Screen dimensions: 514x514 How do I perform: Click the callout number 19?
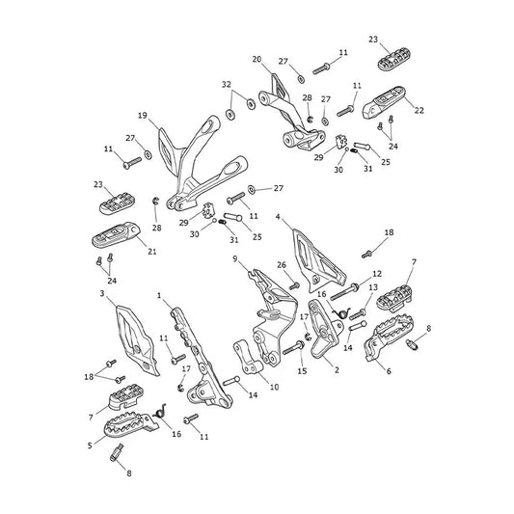[x=143, y=116]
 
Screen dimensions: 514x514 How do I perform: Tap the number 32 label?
[x=227, y=85]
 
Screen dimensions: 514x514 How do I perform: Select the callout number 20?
[x=257, y=60]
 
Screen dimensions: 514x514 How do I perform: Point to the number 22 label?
[x=419, y=110]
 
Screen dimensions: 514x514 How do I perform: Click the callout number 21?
[x=152, y=252]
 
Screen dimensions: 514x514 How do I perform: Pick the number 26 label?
[x=282, y=265]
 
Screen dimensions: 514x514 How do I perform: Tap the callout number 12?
[x=377, y=273]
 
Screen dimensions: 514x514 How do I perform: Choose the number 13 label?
[x=373, y=287]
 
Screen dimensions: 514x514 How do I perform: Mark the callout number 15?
[x=302, y=371]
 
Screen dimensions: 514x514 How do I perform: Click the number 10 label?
[x=275, y=387]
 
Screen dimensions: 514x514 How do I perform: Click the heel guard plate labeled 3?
[x=138, y=341]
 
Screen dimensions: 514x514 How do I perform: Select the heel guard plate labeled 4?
[x=318, y=259]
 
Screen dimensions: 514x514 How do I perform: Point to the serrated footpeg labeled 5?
[x=129, y=424]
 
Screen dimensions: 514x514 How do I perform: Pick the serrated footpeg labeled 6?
[x=389, y=336]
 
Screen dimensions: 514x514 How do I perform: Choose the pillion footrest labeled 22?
[x=384, y=101]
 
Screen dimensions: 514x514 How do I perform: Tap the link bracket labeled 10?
[x=248, y=358]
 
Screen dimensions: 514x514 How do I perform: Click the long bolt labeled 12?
[x=344, y=292]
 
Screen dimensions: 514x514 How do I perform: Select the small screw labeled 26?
[x=294, y=286]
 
